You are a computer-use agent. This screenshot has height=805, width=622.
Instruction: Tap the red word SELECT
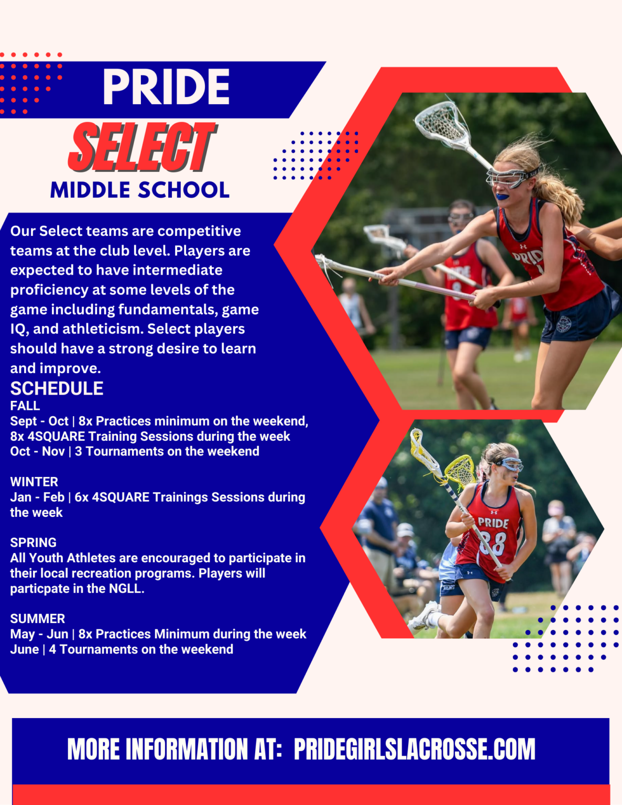[142, 147]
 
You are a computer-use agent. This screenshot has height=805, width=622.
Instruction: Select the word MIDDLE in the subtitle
[90, 190]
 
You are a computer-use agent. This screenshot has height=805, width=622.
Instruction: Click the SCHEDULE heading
[57, 388]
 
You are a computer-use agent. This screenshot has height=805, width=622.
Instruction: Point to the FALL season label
[25, 406]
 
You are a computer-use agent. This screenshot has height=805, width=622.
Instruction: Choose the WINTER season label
[34, 482]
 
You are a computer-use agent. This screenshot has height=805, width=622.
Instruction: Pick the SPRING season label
[34, 543]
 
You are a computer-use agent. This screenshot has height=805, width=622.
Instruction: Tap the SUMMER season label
[37, 618]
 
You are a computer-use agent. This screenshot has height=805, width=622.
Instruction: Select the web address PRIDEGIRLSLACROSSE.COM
[414, 749]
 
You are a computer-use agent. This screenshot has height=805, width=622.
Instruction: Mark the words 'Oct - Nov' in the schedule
[37, 452]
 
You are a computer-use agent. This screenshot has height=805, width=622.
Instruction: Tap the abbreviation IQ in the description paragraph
[17, 329]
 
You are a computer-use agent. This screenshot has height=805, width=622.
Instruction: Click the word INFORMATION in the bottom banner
[187, 749]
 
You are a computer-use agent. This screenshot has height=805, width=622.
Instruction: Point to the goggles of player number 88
[509, 464]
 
